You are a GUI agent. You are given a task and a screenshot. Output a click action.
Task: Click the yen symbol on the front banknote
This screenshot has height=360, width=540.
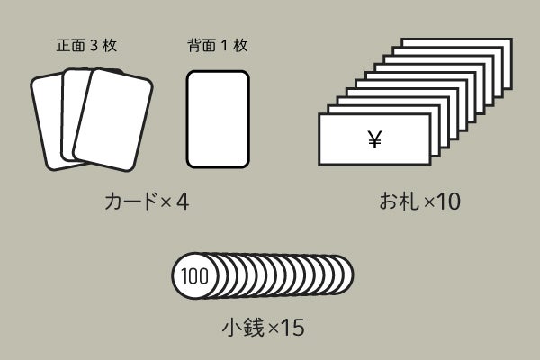click(374, 139)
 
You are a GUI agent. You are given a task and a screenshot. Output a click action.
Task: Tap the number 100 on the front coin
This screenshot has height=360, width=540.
click(194, 276)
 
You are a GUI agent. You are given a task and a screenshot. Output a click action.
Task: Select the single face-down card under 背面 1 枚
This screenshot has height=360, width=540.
click(218, 119)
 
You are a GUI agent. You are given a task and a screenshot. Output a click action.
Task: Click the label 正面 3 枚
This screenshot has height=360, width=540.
click(86, 46)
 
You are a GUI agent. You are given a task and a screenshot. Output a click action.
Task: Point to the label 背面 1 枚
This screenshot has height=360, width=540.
click(218, 46)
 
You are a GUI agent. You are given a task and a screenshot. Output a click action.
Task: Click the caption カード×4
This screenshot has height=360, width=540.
click(147, 202)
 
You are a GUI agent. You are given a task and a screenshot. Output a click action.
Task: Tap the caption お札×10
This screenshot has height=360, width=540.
click(419, 202)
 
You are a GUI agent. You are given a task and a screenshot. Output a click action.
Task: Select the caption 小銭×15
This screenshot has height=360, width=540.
click(264, 327)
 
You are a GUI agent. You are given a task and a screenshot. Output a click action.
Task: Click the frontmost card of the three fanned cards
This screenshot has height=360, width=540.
click(113, 120)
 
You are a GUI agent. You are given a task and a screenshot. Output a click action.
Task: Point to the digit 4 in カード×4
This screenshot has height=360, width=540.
click(183, 202)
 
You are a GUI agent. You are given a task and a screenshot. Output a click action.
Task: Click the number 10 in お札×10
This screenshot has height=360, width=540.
click(448, 202)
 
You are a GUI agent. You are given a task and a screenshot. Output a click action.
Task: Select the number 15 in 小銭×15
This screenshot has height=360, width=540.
click(292, 328)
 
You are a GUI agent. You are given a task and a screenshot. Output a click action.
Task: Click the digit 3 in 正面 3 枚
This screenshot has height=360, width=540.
click(94, 46)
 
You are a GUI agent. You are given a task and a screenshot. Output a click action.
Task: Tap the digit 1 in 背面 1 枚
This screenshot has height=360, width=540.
click(224, 46)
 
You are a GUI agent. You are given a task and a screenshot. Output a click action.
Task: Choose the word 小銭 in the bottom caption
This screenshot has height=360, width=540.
click(244, 327)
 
